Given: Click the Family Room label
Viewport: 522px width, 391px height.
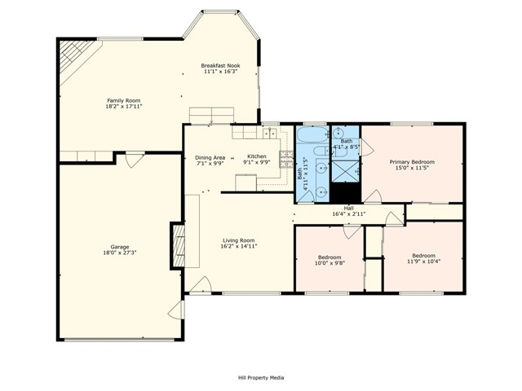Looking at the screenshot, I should (x=117, y=100).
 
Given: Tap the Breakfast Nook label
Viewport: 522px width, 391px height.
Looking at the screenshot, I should (x=220, y=65).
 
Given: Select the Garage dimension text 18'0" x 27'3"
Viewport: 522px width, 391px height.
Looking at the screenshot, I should (x=120, y=253).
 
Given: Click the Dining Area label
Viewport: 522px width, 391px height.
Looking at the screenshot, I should (x=210, y=157).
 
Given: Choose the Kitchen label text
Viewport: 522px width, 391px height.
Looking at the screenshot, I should (x=257, y=156).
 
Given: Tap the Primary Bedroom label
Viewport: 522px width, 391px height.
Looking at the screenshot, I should (x=411, y=161).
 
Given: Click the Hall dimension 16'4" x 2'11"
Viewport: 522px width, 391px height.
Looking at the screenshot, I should (x=348, y=213).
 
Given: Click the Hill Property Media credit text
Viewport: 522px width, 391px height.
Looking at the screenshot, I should (x=261, y=377).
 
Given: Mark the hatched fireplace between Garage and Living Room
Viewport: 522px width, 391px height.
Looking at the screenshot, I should (x=177, y=245).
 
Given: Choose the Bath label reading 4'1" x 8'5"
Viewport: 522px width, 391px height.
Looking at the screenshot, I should (x=347, y=144).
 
